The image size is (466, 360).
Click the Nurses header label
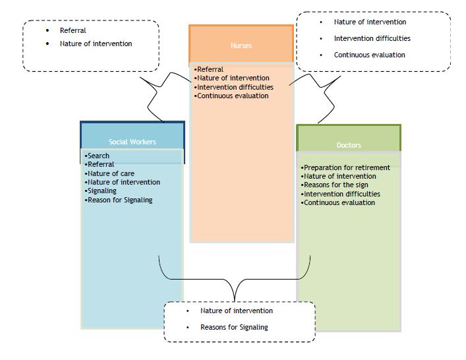click(241, 46)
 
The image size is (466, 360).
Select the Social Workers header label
click(132, 142)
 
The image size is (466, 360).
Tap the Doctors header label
click(349, 145)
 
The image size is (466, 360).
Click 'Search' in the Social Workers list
click(98, 156)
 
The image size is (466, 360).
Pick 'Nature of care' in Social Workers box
click(110, 174)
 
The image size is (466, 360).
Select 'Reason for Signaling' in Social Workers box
click(119, 200)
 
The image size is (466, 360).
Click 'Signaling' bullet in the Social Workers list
click(102, 191)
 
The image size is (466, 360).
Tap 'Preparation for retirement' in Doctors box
click(347, 167)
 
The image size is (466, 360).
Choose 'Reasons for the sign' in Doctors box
click(335, 185)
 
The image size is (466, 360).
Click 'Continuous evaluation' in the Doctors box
click(339, 202)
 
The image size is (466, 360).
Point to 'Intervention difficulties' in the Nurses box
click(235, 87)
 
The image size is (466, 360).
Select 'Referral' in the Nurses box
click(210, 69)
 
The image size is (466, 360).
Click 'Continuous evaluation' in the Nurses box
click(233, 96)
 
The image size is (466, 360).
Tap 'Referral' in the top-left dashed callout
click(73, 30)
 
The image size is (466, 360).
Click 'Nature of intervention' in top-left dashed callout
click(96, 44)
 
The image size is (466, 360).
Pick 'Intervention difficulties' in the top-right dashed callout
click(372, 38)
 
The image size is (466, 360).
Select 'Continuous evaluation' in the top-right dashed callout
click(369, 55)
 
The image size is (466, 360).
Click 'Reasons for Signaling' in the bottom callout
click(234, 327)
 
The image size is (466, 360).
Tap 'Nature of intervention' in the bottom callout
click(237, 311)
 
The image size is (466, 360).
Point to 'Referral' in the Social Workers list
click(100, 165)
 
